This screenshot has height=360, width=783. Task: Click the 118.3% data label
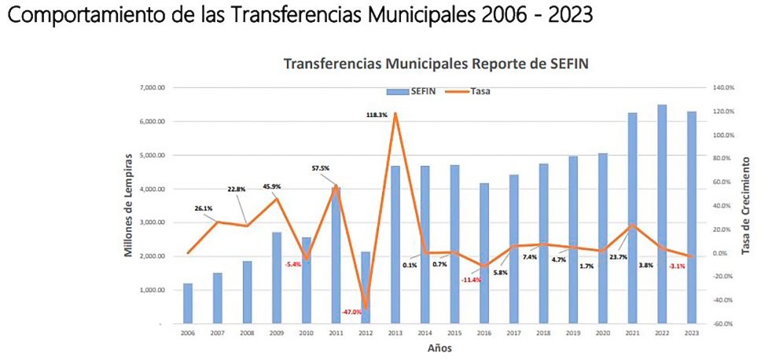point(377,115)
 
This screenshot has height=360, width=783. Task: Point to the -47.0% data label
point(351,312)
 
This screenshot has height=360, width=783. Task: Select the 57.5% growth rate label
point(321,167)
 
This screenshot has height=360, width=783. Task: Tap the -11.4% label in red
point(472,280)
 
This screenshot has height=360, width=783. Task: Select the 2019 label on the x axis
point(573,333)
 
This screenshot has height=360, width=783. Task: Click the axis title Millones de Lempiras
point(128,206)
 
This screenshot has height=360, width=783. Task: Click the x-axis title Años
point(439,347)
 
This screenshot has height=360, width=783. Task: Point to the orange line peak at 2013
point(395,113)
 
